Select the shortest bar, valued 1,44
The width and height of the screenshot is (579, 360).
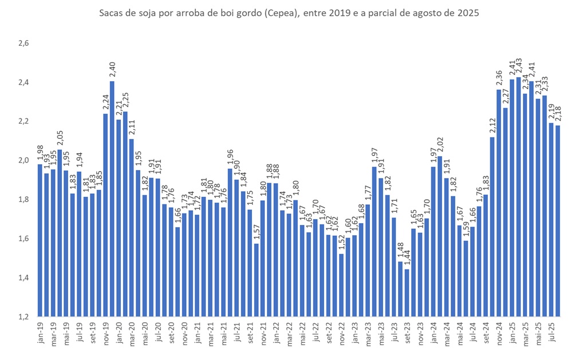(407, 292)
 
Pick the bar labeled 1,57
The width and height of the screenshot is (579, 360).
(257, 280)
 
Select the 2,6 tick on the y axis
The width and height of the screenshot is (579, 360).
(24, 43)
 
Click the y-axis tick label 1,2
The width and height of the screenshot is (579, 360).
(24, 317)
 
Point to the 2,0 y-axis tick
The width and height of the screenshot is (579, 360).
(24, 160)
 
